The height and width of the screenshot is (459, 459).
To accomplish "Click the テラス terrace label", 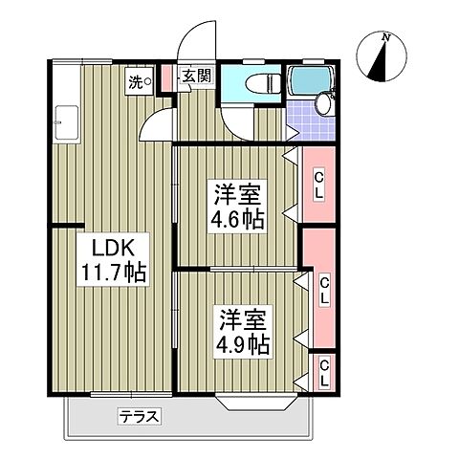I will (139, 416).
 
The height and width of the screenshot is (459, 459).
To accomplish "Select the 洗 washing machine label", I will (139, 82).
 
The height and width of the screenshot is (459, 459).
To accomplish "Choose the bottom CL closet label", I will (324, 372).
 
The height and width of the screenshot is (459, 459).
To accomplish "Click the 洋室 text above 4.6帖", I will (238, 192).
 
